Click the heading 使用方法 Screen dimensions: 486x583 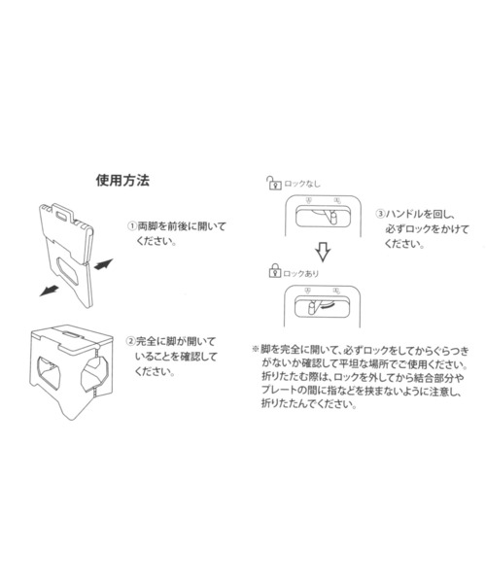[x=122, y=181]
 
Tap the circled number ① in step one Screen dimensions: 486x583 [x=132, y=226]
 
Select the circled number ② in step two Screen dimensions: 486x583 [x=130, y=341]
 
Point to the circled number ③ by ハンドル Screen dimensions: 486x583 [x=380, y=214]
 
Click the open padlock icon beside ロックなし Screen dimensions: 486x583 [x=273, y=183]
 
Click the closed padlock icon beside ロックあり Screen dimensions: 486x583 [x=274, y=271]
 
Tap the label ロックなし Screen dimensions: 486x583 [x=302, y=184]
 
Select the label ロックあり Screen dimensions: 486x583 [x=300, y=274]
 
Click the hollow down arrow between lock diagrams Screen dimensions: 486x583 [x=323, y=252]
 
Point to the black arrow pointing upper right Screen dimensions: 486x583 [x=103, y=264]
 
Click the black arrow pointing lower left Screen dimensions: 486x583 [x=49, y=291]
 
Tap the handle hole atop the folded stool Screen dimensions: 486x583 [x=62, y=216]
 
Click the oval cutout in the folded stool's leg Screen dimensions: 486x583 [x=67, y=271]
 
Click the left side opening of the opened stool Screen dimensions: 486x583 [x=49, y=372]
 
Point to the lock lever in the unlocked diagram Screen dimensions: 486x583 [x=332, y=217]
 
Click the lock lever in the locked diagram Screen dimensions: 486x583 [x=312, y=308]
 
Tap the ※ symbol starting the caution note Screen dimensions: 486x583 [x=255, y=350]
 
